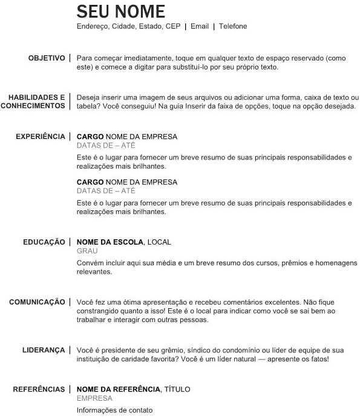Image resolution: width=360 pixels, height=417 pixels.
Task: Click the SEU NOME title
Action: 120,11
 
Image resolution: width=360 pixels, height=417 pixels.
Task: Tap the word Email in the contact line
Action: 200,27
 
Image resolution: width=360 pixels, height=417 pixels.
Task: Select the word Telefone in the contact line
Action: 233,27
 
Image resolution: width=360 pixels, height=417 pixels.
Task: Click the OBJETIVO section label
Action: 47,58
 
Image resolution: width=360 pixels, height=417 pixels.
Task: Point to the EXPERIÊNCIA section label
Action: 41,137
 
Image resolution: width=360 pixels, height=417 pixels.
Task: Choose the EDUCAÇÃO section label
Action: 44,242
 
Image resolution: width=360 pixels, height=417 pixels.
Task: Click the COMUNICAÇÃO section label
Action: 37,302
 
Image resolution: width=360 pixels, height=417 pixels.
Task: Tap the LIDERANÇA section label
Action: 44,350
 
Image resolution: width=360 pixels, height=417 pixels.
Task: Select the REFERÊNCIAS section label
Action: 39,389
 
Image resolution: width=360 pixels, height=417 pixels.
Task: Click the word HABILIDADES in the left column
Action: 36,97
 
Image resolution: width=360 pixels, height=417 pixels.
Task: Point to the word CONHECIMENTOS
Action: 33,106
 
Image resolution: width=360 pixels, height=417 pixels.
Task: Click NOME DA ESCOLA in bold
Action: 110,242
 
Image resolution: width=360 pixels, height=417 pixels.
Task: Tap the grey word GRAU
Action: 87,251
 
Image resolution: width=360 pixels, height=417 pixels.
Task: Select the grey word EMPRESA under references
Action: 94,398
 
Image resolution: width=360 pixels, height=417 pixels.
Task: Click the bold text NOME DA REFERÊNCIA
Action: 119,389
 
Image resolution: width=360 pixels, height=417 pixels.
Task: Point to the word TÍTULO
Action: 178,389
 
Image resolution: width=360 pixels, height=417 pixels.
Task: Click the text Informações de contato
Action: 115,410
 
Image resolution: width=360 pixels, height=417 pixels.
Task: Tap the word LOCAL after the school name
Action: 159,242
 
